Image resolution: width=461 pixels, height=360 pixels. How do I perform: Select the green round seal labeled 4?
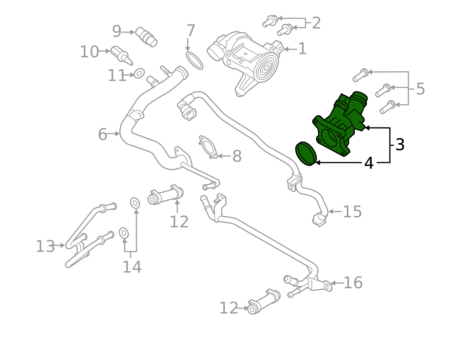[x=306, y=153]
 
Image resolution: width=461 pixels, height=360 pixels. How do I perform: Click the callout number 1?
[x=302, y=49]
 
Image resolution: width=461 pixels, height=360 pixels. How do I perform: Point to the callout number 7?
[x=191, y=31]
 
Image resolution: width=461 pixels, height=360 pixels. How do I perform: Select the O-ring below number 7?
[x=194, y=61]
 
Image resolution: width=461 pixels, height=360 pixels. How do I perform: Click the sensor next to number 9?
[x=146, y=37]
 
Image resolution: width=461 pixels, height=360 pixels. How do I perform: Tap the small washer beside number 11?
[x=139, y=73]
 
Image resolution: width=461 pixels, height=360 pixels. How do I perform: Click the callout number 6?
[x=103, y=134]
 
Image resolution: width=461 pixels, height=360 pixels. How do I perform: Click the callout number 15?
[x=352, y=212]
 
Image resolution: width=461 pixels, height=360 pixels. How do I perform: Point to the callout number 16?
[x=353, y=283]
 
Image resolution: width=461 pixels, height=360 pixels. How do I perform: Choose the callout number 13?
[x=45, y=247]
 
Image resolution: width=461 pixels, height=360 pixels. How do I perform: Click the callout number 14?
[x=132, y=267]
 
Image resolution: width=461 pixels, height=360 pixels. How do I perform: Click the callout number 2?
[x=316, y=23]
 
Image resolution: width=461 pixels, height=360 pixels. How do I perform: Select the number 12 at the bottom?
[x=229, y=308]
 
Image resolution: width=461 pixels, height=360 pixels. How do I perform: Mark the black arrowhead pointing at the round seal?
[x=318, y=163]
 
